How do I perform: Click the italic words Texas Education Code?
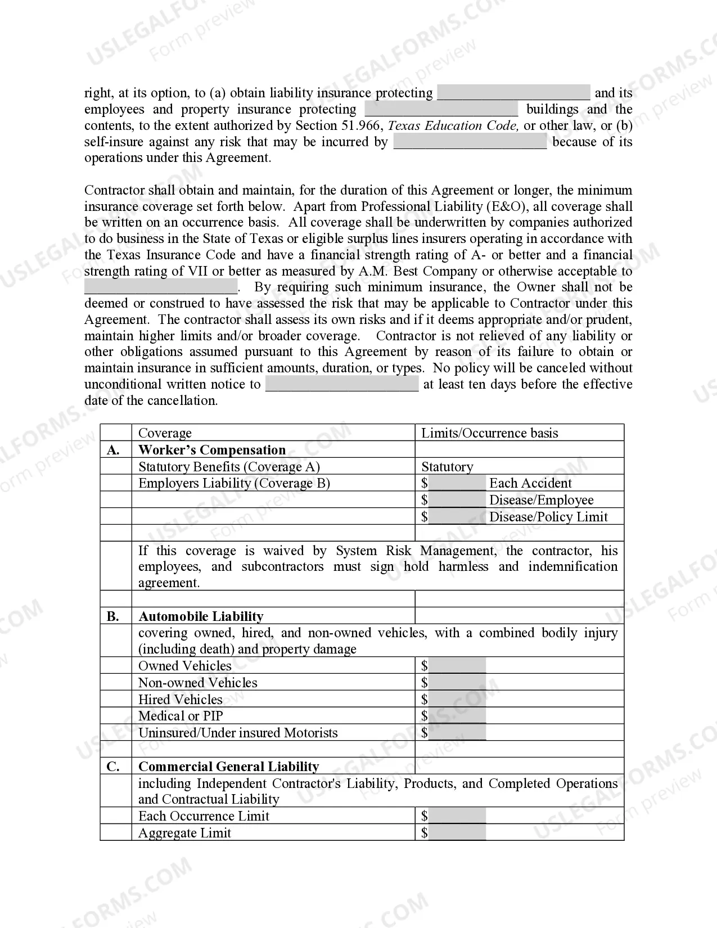pos(453,125)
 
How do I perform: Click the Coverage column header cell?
pos(165,433)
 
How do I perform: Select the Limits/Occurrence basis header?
pos(489,433)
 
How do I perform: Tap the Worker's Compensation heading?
pos(212,450)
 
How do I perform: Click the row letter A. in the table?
pos(113,450)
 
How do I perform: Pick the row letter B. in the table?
pos(113,616)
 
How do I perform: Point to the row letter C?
pos(113,767)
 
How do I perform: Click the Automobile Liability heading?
pos(201,616)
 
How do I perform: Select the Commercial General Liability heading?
pos(228,767)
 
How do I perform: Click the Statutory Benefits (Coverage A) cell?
pos(229,467)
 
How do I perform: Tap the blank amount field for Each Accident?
pos(457,483)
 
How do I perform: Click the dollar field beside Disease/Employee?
pos(457,500)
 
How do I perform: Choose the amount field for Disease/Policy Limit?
pos(457,517)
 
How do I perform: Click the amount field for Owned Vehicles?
pos(457,666)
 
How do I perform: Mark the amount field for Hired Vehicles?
pos(457,700)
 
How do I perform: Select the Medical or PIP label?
pos(181,716)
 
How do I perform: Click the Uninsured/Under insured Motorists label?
pos(238,733)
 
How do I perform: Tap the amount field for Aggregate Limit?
pos(457,833)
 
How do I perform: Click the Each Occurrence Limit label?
pos(204,816)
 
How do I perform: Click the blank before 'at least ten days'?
pos(342,384)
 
